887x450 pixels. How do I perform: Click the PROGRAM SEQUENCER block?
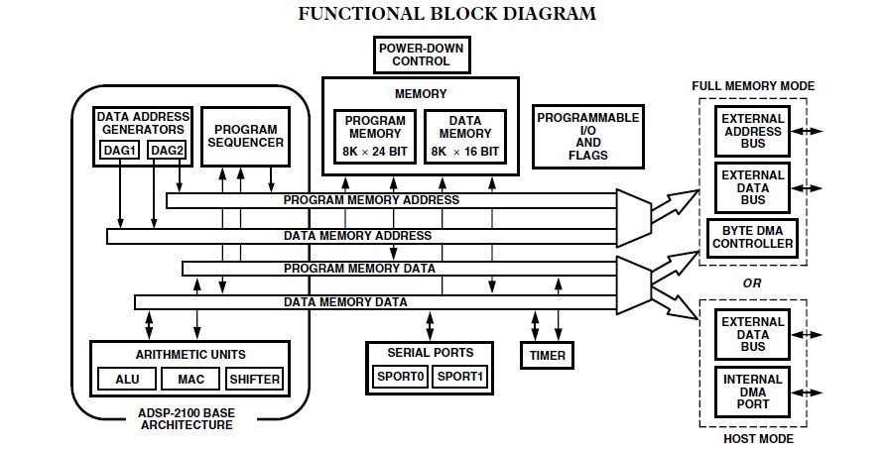point(246,136)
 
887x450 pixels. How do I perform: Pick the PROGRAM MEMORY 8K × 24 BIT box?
point(375,137)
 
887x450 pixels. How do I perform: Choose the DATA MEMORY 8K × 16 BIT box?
point(464,137)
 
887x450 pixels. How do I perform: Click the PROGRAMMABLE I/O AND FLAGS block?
point(587,136)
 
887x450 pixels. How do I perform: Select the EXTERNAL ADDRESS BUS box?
point(752,132)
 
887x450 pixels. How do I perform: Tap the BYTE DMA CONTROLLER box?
point(752,237)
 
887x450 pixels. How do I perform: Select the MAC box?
point(190,379)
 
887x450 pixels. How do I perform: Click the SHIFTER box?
point(255,379)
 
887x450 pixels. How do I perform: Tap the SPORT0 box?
point(400,377)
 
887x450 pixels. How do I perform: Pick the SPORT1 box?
point(461,377)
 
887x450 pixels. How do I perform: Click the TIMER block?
point(548,354)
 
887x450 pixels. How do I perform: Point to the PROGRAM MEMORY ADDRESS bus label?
point(370,200)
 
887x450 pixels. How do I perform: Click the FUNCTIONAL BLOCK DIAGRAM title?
point(447,14)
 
